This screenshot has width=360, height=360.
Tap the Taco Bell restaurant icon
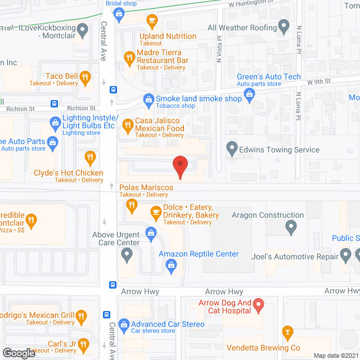pyautogui.click(x=85, y=77)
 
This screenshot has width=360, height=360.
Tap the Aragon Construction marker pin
pyautogui.click(x=291, y=227)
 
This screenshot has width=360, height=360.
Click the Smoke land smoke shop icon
pyautogui.click(x=148, y=99)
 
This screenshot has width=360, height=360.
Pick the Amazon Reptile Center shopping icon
pyautogui.click(x=151, y=232)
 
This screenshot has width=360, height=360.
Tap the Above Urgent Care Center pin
pyautogui.click(x=127, y=255)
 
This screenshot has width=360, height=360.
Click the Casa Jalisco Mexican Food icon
pyautogui.click(x=128, y=124)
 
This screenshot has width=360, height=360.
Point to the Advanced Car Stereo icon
pyautogui.click(x=123, y=325)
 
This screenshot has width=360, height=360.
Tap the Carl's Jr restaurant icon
pyautogui.click(x=83, y=343)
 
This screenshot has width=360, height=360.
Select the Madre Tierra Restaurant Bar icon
pyautogui.click(x=129, y=56)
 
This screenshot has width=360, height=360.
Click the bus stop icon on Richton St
pyautogui.click(x=55, y=103)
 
